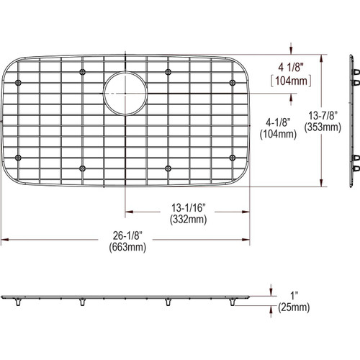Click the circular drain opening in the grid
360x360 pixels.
tap(125, 93)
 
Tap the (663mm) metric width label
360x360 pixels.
tap(128, 248)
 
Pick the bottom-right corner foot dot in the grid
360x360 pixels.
tap(232, 156)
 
